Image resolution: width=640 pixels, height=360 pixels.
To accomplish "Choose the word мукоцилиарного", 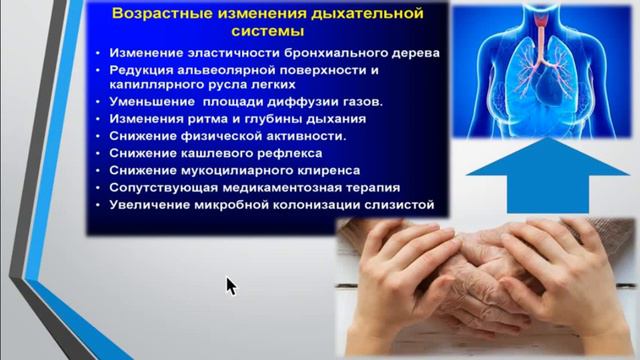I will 232,170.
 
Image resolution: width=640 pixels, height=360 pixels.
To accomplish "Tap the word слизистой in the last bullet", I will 403,204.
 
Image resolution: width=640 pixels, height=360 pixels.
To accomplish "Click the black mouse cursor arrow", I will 231,287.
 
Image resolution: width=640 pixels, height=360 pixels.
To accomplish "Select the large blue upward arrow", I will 548,175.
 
